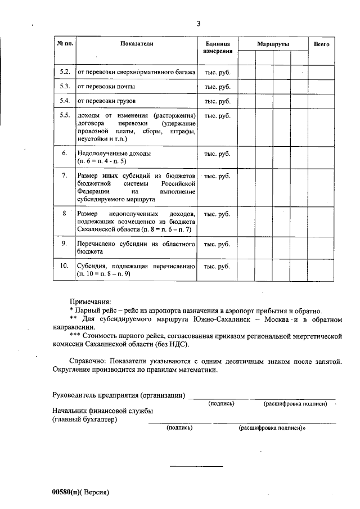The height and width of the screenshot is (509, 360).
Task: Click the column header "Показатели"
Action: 137,43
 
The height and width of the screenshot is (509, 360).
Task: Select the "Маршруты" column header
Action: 273,43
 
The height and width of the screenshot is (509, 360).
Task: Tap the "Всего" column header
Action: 321,43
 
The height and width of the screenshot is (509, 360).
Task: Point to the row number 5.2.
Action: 65,73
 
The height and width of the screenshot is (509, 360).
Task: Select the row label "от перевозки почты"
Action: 106,87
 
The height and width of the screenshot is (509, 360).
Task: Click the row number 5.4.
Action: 65,101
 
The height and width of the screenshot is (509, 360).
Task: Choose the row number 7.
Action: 65,176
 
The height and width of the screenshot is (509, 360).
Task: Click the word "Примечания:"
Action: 90,302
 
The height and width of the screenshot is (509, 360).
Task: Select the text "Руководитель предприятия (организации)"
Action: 119,395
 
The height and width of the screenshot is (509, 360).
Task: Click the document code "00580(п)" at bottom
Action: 67,492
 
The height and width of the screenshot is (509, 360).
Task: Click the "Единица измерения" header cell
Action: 217,47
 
